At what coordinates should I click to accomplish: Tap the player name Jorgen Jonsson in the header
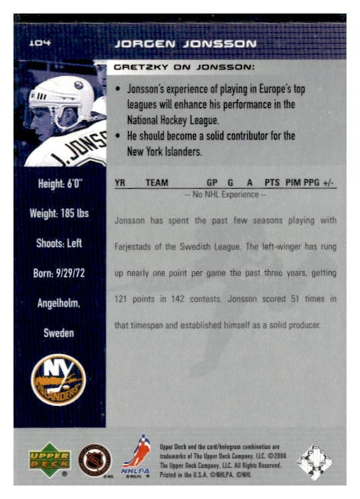(185, 44)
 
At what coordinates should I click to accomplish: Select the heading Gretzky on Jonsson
(183, 67)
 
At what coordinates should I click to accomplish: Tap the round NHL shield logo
(95, 460)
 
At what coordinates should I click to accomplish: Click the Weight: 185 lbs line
(59, 214)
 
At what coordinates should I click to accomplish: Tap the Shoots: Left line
(59, 243)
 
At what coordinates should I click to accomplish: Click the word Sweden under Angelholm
(59, 333)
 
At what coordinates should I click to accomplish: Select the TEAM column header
(156, 183)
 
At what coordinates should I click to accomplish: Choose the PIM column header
(293, 183)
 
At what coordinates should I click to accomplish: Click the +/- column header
(329, 183)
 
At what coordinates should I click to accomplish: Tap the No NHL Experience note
(225, 195)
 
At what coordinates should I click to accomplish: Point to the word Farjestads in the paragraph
(135, 247)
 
